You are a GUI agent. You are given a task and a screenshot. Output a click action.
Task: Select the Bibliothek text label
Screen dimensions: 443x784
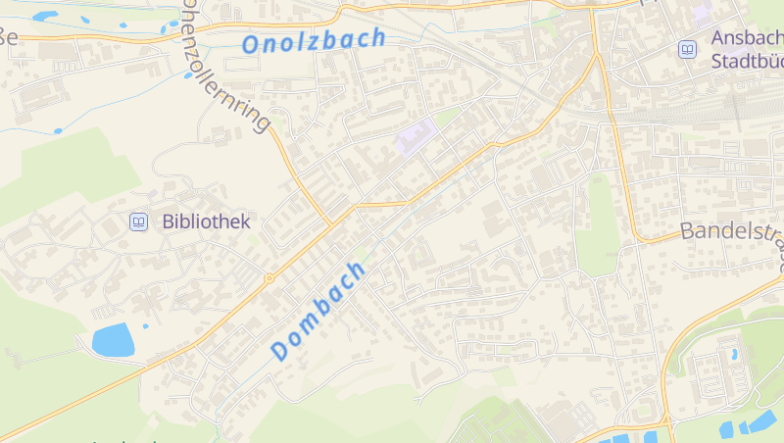click(x=207, y=221)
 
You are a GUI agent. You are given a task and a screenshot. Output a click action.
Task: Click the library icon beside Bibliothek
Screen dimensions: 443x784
click(x=139, y=222)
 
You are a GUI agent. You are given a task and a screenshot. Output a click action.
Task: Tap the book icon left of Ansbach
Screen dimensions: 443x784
click(x=688, y=49)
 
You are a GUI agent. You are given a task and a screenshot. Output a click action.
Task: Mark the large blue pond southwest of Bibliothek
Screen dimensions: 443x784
click(x=113, y=339)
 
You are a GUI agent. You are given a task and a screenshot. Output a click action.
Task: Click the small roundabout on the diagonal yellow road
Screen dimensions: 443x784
click(x=269, y=277)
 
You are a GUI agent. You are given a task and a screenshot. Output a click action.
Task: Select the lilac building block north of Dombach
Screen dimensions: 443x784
click(x=415, y=139)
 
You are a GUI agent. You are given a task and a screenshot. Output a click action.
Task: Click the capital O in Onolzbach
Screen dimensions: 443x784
click(x=250, y=45)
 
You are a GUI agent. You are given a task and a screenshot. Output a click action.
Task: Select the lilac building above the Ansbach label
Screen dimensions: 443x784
click(x=702, y=14)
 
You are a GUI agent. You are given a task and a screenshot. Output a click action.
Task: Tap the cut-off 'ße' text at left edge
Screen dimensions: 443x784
click(x=9, y=38)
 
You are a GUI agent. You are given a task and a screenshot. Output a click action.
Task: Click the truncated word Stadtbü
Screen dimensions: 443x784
click(x=747, y=60)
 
